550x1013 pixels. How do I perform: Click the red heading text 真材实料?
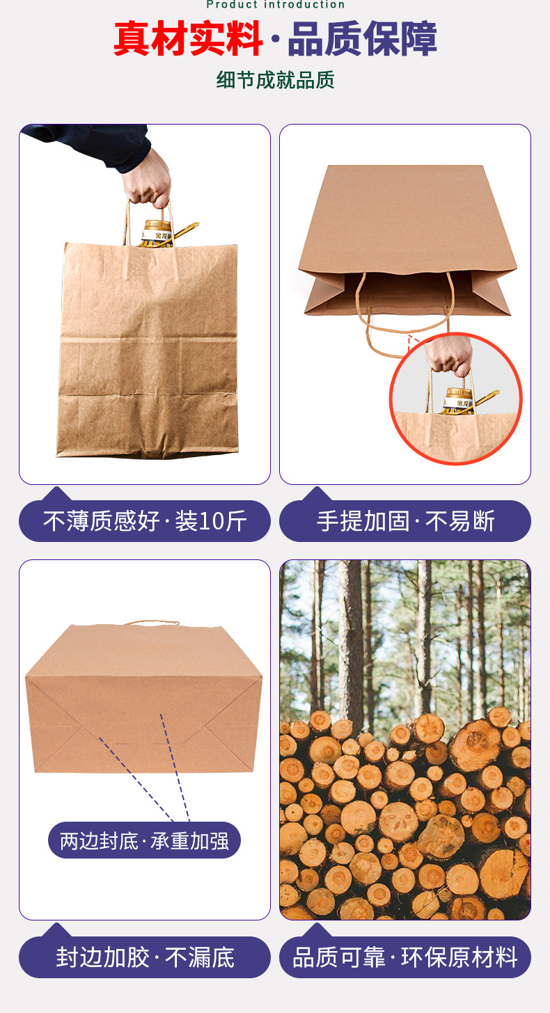click(188, 39)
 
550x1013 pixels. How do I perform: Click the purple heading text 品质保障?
click(363, 39)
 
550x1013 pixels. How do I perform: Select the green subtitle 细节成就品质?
click(275, 80)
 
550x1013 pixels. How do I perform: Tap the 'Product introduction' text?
click(275, 4)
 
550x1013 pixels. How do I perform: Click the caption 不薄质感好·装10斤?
click(145, 520)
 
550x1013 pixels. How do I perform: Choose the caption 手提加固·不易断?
click(405, 520)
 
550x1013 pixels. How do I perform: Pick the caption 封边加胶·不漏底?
click(145, 957)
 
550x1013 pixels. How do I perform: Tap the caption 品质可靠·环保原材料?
click(405, 957)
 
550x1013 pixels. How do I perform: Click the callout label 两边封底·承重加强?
click(144, 840)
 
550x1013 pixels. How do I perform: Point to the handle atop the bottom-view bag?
click(150, 623)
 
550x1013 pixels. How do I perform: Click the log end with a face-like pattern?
click(400, 820)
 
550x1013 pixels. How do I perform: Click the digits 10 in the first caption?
click(212, 521)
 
